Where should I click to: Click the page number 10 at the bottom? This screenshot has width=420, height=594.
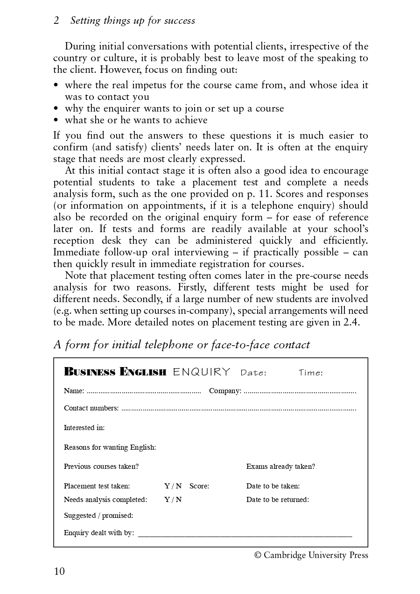59,571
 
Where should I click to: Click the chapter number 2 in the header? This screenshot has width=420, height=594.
56,21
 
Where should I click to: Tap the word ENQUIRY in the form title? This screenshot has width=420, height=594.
202,372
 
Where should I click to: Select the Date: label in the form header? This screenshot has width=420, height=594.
253,373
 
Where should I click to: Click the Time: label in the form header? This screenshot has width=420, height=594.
310,373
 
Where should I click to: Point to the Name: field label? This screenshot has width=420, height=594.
74,391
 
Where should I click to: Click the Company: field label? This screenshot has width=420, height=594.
225,391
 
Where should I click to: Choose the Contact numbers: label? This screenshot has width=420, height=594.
91,408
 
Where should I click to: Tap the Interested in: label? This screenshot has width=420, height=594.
84,428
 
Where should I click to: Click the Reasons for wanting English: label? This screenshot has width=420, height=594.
110,447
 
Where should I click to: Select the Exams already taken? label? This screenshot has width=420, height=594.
280,467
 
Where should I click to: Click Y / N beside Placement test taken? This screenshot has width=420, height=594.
173,486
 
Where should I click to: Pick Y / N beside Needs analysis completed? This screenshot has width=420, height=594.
173,500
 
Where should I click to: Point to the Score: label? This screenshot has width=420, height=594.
199,486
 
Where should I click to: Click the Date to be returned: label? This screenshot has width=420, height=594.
278,500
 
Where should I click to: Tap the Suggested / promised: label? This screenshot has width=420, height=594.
98,516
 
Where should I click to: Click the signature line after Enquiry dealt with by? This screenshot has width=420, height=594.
245,535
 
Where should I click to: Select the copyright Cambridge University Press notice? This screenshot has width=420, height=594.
311,555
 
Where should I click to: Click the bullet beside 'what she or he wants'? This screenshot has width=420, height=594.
56,120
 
